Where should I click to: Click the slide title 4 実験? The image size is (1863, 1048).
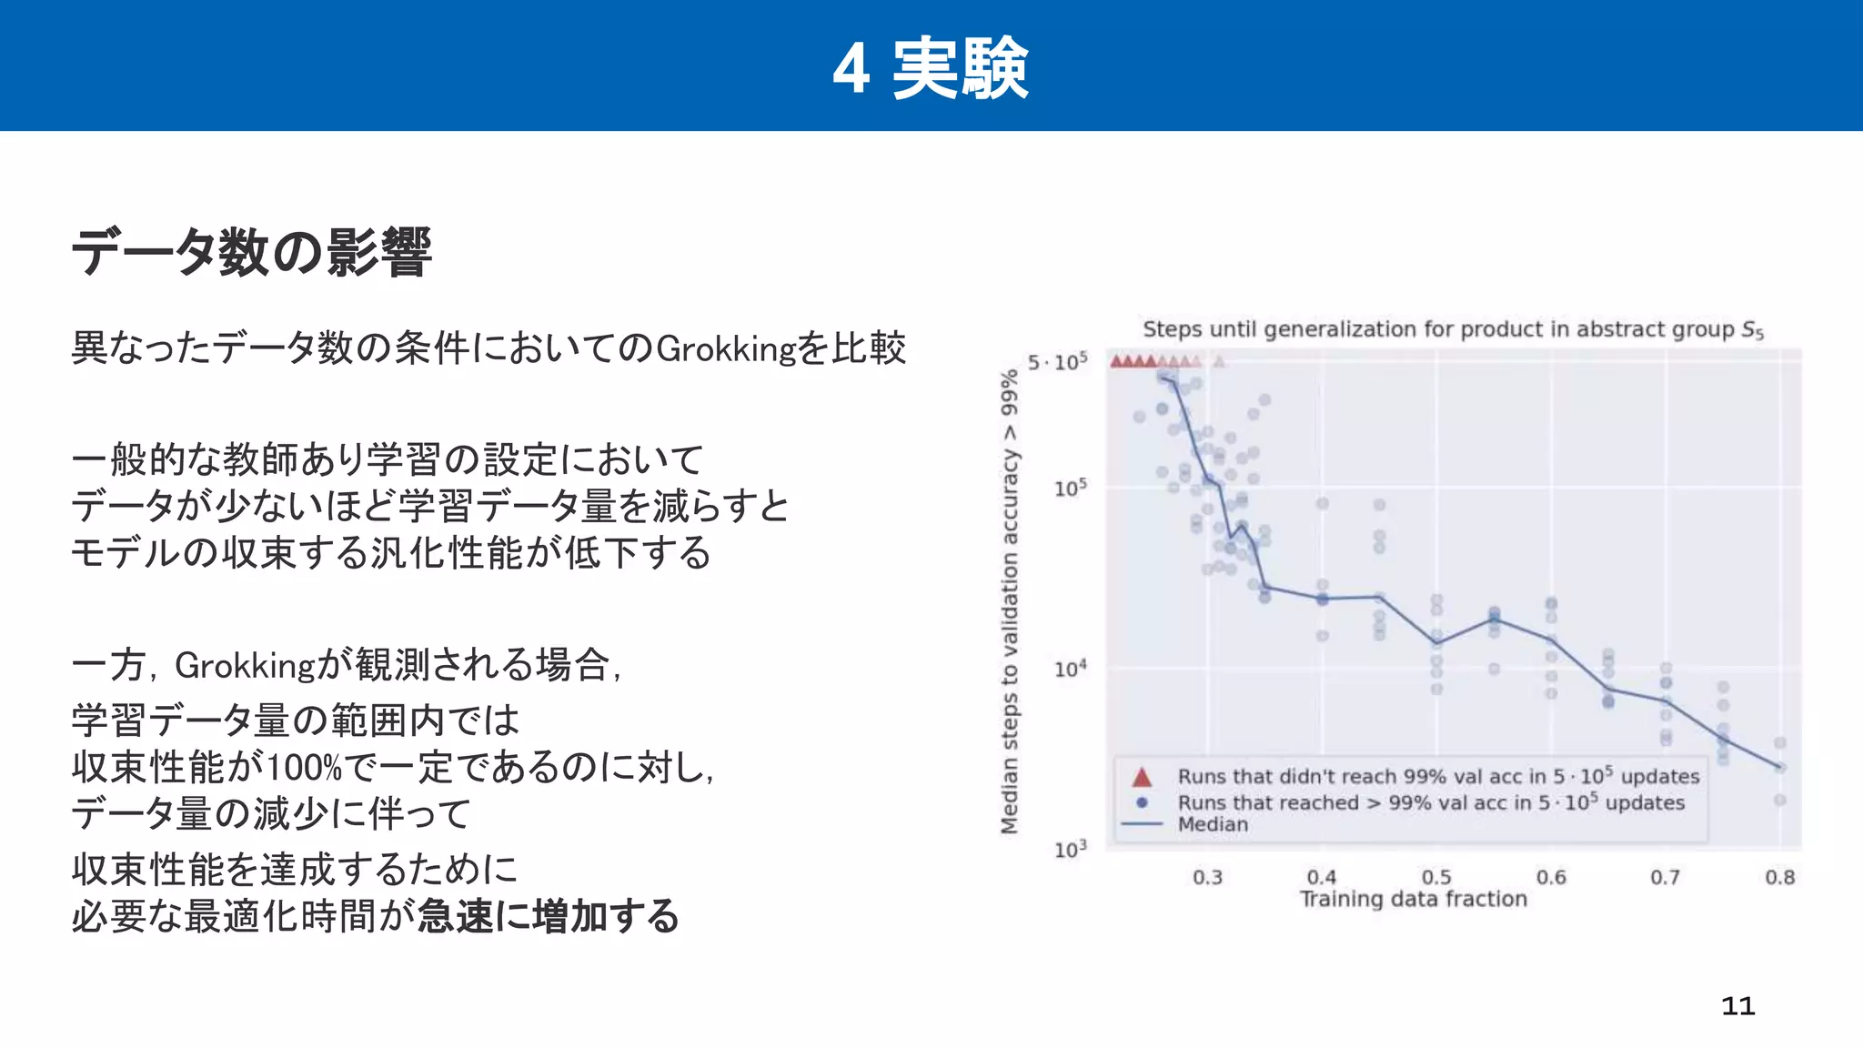(931, 68)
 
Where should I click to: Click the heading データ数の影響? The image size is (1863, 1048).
(251, 252)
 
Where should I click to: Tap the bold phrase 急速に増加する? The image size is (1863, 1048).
(549, 916)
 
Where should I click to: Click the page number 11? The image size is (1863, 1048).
(1737, 1006)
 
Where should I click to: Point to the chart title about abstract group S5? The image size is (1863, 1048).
(1453, 329)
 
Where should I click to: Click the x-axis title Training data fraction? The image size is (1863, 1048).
(1413, 899)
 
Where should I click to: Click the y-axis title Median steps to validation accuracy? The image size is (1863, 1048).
(1009, 600)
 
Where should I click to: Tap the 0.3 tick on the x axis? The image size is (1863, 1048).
(1207, 877)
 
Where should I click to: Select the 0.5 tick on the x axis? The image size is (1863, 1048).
(1436, 877)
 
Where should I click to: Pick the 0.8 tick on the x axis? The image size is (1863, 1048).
(1779, 877)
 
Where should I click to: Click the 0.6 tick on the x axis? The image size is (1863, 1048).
(1551, 877)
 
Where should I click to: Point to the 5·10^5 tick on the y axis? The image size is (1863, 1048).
(1057, 362)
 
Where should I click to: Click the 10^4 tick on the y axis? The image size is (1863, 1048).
(1070, 670)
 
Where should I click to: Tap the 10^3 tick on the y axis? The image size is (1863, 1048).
(1070, 849)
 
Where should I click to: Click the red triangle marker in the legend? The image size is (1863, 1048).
(1142, 777)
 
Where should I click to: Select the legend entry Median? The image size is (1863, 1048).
(1213, 824)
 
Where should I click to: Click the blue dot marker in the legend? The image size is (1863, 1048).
(1142, 802)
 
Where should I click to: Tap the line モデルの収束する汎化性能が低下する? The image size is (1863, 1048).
(391, 553)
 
